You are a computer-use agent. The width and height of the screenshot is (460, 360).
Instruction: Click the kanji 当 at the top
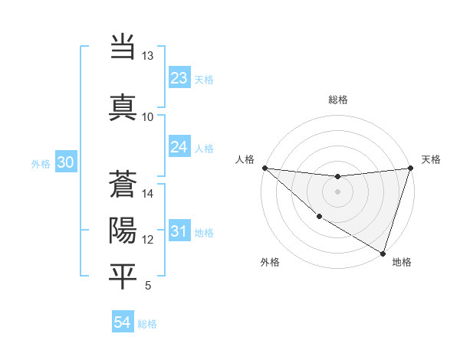point(123,47)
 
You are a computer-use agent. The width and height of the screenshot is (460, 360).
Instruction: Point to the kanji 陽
point(123,230)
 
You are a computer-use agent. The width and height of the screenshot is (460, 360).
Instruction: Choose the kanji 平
point(123,277)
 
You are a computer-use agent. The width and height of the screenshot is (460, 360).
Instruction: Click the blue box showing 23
point(179,78)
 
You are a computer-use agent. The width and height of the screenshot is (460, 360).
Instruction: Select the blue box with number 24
point(179,147)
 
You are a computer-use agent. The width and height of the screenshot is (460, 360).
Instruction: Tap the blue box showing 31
point(179,231)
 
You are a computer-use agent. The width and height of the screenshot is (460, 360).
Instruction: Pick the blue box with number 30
point(65,162)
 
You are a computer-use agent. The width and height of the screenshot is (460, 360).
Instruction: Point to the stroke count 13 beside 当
point(148,56)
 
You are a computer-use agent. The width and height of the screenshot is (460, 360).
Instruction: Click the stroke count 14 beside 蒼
point(148,194)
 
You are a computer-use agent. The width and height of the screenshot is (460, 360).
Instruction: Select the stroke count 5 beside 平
point(148,286)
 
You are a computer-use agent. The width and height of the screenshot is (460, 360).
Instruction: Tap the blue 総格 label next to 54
point(148,324)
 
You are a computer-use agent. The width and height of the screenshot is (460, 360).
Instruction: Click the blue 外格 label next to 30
point(40,163)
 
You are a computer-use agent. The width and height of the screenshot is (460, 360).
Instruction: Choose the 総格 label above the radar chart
point(337,100)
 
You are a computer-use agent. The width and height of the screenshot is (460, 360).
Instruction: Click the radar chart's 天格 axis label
point(431,159)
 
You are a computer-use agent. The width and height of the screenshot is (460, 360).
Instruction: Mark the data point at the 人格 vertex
point(264,168)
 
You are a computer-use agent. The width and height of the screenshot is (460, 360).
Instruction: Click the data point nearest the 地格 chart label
point(383,253)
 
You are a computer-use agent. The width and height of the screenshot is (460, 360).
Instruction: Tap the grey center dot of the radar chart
point(337,191)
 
